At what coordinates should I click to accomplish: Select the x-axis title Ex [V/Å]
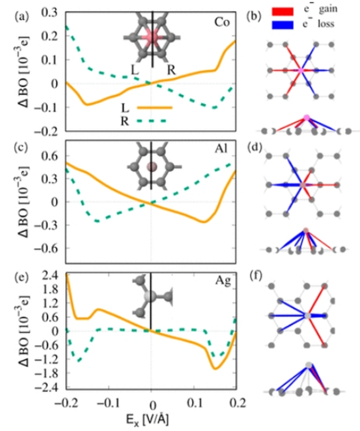pyautogui.click(x=152, y=419)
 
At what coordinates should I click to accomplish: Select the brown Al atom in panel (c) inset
pyautogui.click(x=152, y=167)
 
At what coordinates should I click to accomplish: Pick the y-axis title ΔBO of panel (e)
pyautogui.click(x=21, y=328)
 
